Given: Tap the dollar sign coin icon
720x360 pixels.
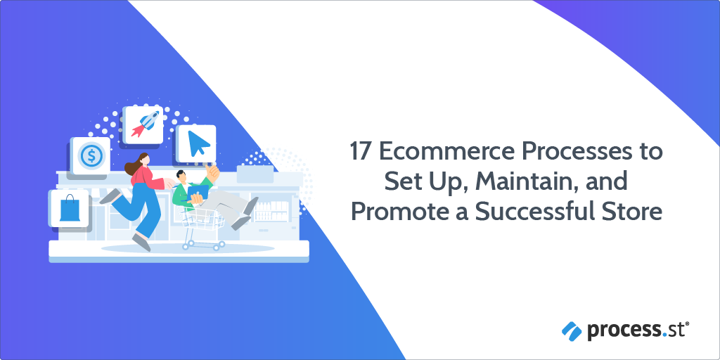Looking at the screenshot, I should point(90,155).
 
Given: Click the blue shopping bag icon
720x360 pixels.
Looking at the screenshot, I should point(69,208).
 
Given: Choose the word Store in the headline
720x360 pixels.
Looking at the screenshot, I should point(636,211).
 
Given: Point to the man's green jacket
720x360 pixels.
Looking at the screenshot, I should point(184,194).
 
